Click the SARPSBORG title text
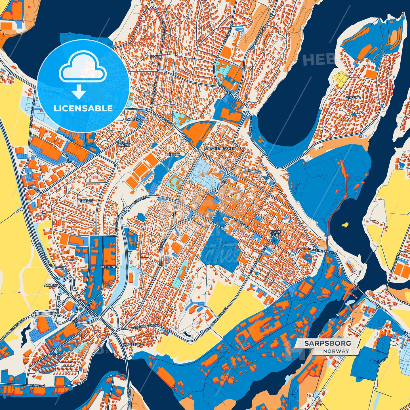click(x=327, y=343)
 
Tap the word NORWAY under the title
click(x=336, y=351)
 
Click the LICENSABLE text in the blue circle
click(x=83, y=108)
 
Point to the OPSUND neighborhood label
click(x=353, y=98)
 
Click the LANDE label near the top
click(x=156, y=57)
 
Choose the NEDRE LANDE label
click(x=125, y=143)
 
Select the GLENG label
click(x=254, y=172)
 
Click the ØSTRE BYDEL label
click(x=275, y=233)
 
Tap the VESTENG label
click(x=108, y=267)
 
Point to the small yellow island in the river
click(x=345, y=225)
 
